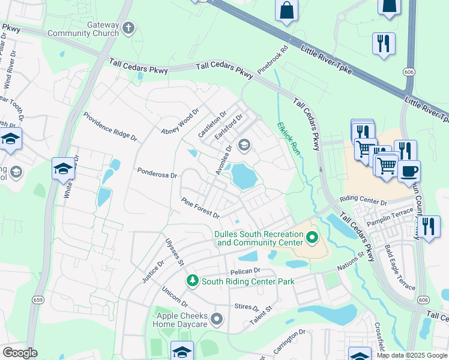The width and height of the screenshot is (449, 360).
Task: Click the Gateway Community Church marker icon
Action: pyautogui.click(x=128, y=28)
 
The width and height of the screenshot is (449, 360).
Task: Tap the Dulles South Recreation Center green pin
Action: pyautogui.click(x=312, y=238)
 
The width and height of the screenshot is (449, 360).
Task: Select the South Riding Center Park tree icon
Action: pyautogui.click(x=192, y=280)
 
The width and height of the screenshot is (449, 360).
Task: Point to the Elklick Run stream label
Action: pyautogui.click(x=288, y=140)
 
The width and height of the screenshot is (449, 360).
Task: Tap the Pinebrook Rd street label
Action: pyautogui.click(x=273, y=61)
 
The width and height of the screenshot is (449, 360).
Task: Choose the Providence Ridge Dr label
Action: pyautogui.click(x=110, y=127)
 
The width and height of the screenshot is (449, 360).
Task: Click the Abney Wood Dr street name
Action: pyautogui.click(x=179, y=122)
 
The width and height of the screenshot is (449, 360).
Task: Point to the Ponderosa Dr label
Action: pyautogui.click(x=157, y=175)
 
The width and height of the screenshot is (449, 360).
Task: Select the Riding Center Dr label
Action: pyautogui.click(x=364, y=200)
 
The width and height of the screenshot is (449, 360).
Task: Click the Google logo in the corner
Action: pyautogui.click(x=20, y=353)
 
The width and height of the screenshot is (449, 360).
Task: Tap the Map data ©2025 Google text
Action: pyautogui.click(x=412, y=355)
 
